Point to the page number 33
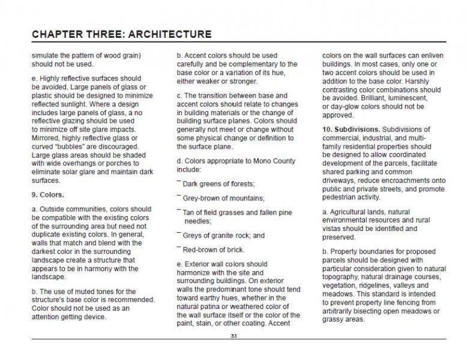pos(233,336)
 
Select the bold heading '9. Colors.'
pos(48,195)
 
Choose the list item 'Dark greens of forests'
pos(218,184)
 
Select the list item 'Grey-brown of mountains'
pos(223,198)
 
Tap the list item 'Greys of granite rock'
pos(223,236)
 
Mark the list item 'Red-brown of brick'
pos(214,250)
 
